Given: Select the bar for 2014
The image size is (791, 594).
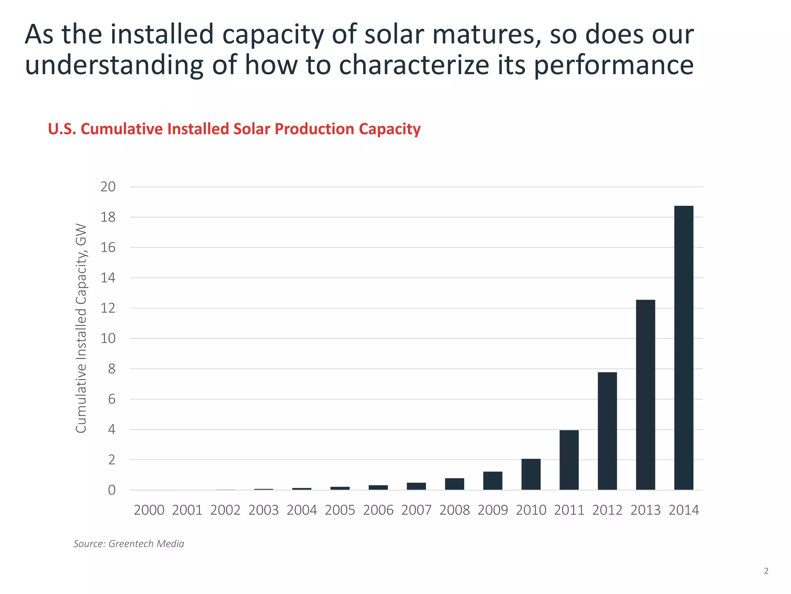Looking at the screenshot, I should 684,348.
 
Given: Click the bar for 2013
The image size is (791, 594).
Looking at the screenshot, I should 645,394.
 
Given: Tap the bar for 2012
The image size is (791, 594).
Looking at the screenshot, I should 607,431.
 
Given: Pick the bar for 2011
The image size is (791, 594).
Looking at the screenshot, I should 569,460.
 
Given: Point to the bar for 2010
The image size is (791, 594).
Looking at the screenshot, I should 531,474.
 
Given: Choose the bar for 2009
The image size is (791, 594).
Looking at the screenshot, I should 492,481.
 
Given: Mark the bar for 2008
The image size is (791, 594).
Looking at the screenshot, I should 454,484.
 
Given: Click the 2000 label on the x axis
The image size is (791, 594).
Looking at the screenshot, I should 149,510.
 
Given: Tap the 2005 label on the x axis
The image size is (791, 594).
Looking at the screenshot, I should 340,510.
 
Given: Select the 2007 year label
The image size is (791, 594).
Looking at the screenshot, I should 416,510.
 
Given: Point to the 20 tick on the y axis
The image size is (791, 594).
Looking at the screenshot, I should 108,187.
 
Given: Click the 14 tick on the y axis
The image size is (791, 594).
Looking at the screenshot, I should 108,278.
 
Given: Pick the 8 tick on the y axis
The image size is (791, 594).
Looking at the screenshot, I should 112,369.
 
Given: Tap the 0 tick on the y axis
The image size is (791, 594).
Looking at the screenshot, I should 112,490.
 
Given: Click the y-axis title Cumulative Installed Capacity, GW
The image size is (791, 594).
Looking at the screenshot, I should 81,328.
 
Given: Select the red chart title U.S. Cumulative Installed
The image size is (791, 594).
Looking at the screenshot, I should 234,129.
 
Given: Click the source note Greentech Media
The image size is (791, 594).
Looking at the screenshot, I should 129,544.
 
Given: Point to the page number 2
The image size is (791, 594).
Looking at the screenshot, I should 766,571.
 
